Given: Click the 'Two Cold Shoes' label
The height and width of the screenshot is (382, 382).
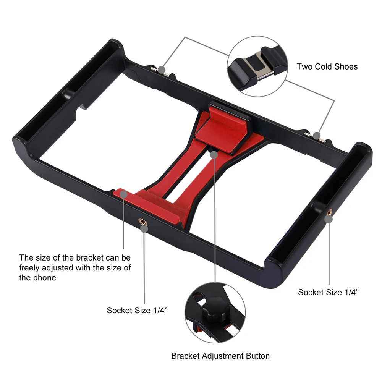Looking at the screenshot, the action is point(327,66).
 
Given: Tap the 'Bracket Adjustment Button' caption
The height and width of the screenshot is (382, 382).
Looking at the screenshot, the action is point(220,356).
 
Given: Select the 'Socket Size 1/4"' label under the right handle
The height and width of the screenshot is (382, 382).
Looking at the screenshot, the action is point(328,292).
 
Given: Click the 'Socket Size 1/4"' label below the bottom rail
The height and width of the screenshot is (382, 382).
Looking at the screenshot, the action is point(137,310).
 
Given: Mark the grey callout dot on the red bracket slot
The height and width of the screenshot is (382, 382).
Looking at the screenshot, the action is point(214,155).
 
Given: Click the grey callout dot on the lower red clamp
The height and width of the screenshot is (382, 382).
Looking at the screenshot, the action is point(123,194).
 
